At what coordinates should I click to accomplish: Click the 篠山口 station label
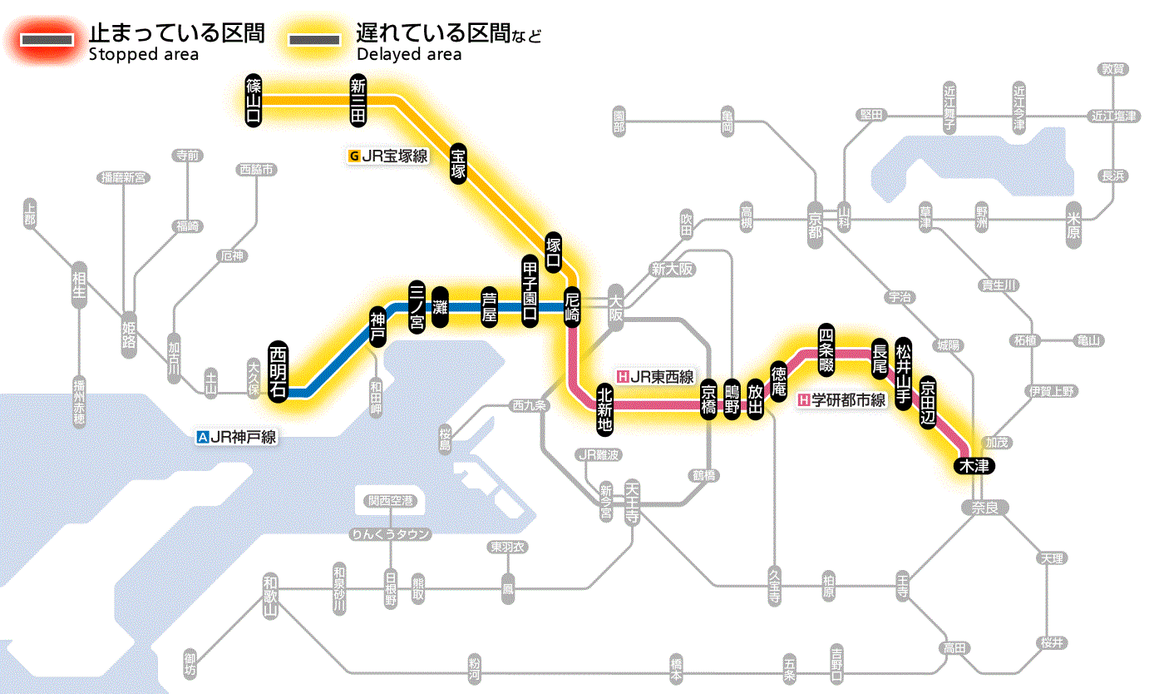254,100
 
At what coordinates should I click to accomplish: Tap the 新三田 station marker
358,100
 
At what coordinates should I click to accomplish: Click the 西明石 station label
279,371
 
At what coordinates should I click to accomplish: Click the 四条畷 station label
826,349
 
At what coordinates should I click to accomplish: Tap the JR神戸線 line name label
236,436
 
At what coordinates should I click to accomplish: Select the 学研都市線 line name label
841,400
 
